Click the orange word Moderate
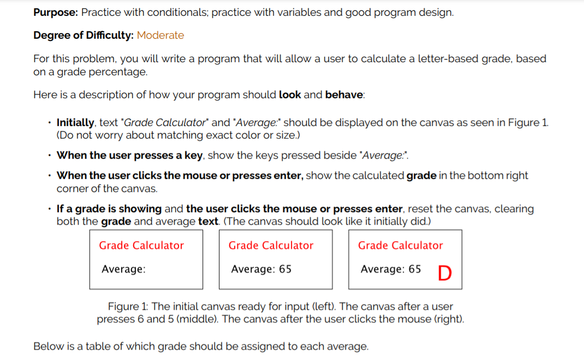160,35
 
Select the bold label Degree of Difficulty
84,35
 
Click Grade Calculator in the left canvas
141,245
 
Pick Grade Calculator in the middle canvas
271,245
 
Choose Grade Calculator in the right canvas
400,245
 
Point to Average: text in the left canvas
123,269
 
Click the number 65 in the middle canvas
285,269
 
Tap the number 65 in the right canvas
414,269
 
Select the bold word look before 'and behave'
290,95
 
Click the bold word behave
344,95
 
